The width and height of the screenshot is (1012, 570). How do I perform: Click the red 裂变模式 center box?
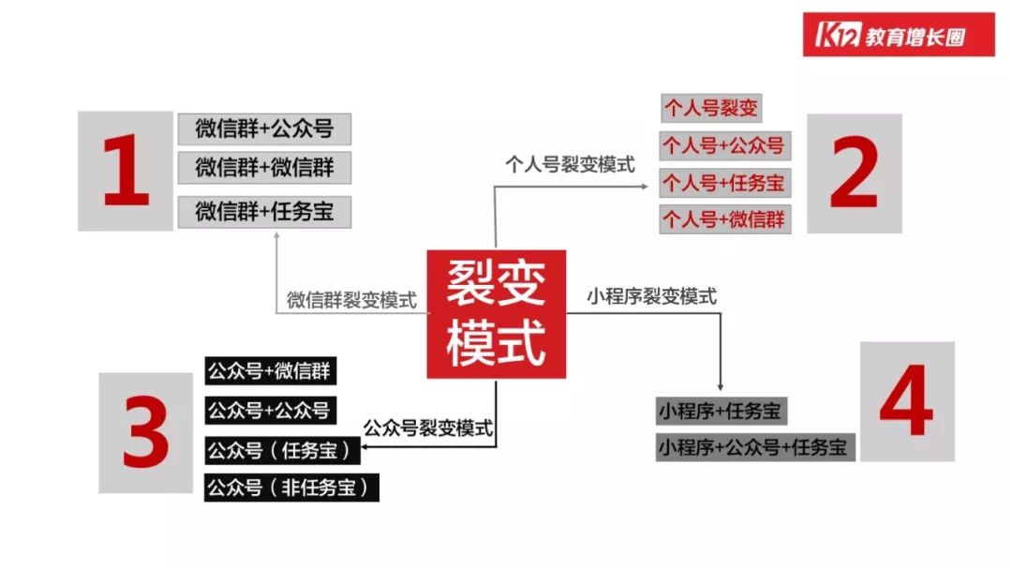point(497,313)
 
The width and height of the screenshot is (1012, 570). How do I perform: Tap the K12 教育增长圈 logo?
point(898,35)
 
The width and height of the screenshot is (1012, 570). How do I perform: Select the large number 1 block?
point(126,171)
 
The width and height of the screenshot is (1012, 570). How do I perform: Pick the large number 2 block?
point(854,173)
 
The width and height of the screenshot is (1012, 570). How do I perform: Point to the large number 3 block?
point(145,432)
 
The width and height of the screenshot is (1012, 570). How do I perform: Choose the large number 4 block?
point(906,400)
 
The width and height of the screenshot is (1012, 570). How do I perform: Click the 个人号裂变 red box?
point(710,107)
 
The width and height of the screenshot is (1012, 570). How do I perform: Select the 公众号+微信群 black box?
point(269,370)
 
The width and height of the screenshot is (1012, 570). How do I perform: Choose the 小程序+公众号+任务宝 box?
point(756,447)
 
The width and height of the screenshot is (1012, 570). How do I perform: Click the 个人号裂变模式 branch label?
point(570,165)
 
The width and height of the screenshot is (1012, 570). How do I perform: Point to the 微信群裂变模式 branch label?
point(351,301)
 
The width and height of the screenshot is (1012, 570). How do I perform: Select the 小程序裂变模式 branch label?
point(652,296)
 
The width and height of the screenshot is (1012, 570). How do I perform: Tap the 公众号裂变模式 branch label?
point(428,427)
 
